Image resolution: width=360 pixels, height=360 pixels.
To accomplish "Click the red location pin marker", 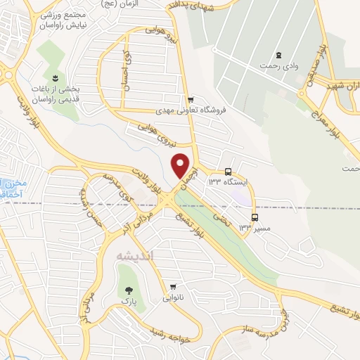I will click(x=181, y=165).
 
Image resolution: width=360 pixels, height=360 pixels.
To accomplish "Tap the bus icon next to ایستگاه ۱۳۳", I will click(x=229, y=172).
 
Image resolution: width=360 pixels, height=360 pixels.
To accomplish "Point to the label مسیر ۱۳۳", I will click(x=255, y=227).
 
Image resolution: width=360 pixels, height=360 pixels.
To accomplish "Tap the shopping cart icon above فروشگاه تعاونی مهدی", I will click(x=190, y=100).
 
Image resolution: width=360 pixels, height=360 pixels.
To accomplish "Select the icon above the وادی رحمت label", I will click(x=280, y=56).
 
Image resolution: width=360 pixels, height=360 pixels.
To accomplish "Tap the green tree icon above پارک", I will click(x=127, y=289).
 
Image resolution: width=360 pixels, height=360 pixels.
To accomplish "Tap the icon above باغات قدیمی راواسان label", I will click(x=55, y=77).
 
